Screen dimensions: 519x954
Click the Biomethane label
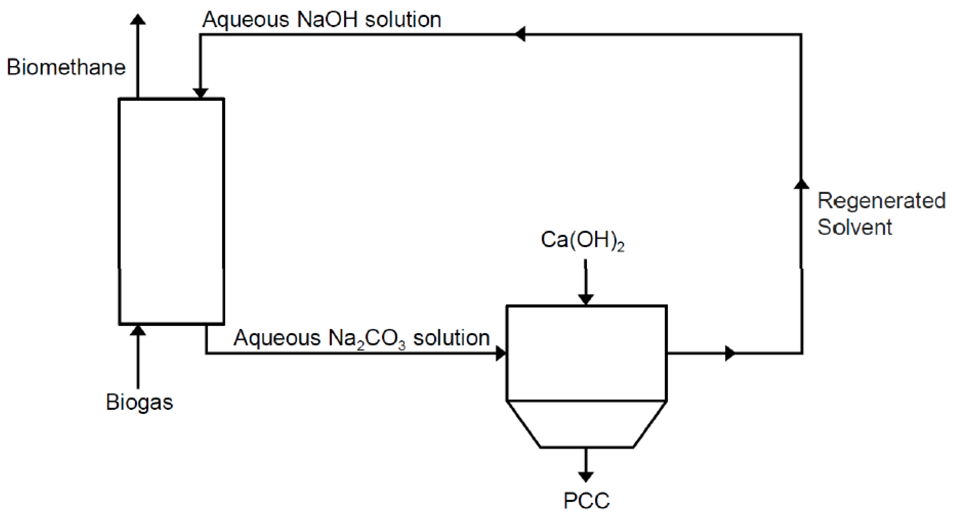(x=66, y=67)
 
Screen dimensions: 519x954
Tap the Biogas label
(x=139, y=402)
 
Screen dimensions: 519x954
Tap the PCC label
(x=586, y=501)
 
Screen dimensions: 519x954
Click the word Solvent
(x=854, y=227)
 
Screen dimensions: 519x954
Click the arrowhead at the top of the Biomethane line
(x=138, y=19)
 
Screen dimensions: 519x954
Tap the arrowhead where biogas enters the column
(x=138, y=330)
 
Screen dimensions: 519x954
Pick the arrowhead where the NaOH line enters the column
(x=200, y=93)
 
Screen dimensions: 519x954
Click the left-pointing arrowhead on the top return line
(x=520, y=34)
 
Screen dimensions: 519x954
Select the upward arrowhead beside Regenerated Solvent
(x=801, y=184)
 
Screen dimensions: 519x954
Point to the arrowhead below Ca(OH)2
(x=586, y=299)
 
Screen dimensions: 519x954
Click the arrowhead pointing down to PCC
(x=586, y=477)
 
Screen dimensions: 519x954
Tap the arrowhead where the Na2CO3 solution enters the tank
(x=501, y=353)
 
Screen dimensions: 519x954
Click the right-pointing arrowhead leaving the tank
(x=730, y=353)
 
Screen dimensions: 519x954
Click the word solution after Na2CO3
(x=452, y=338)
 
